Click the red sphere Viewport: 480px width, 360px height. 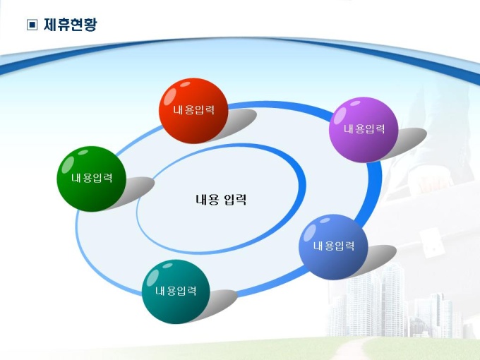193,111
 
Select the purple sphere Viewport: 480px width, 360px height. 364,129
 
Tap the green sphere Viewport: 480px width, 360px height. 92,179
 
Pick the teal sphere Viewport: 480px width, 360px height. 176,292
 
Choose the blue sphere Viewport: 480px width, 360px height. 333,247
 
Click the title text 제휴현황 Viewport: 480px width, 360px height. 71,25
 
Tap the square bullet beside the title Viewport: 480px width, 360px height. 32,25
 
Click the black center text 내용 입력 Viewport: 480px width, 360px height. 221,200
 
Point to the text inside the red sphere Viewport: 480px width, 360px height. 194,110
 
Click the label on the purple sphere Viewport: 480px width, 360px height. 364,129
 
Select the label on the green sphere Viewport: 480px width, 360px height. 92,178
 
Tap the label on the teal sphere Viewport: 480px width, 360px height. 176,291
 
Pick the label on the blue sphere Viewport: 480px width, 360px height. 334,246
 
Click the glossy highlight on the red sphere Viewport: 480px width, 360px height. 170,96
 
